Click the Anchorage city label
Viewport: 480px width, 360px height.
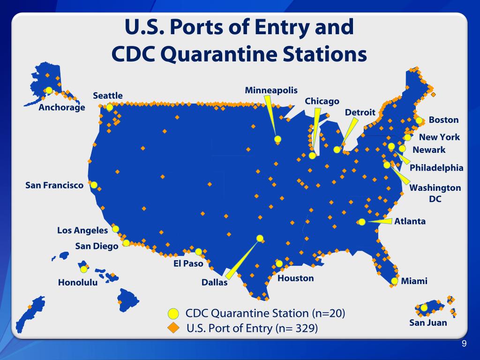pos(62,108)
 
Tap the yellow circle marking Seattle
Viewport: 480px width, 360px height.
pos(110,107)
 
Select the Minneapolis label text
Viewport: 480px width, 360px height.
pos(271,90)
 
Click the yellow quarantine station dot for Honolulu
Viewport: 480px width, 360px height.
pos(83,269)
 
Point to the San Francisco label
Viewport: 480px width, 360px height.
pos(54,186)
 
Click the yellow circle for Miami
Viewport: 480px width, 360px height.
pos(394,281)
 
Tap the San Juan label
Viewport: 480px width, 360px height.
pos(428,322)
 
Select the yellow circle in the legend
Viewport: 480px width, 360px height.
pos(173,313)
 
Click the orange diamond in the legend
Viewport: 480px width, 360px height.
pos(173,328)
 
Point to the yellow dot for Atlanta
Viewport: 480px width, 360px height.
pos(362,222)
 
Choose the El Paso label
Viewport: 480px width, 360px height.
pos(188,263)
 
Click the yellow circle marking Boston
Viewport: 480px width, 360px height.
pos(419,120)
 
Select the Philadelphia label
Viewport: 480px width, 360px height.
pos(436,168)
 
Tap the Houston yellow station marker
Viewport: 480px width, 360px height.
pos(279,263)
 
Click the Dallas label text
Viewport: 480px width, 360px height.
pos(214,282)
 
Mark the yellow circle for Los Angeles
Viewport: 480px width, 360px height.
pos(115,229)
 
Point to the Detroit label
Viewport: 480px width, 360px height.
pos(360,112)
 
